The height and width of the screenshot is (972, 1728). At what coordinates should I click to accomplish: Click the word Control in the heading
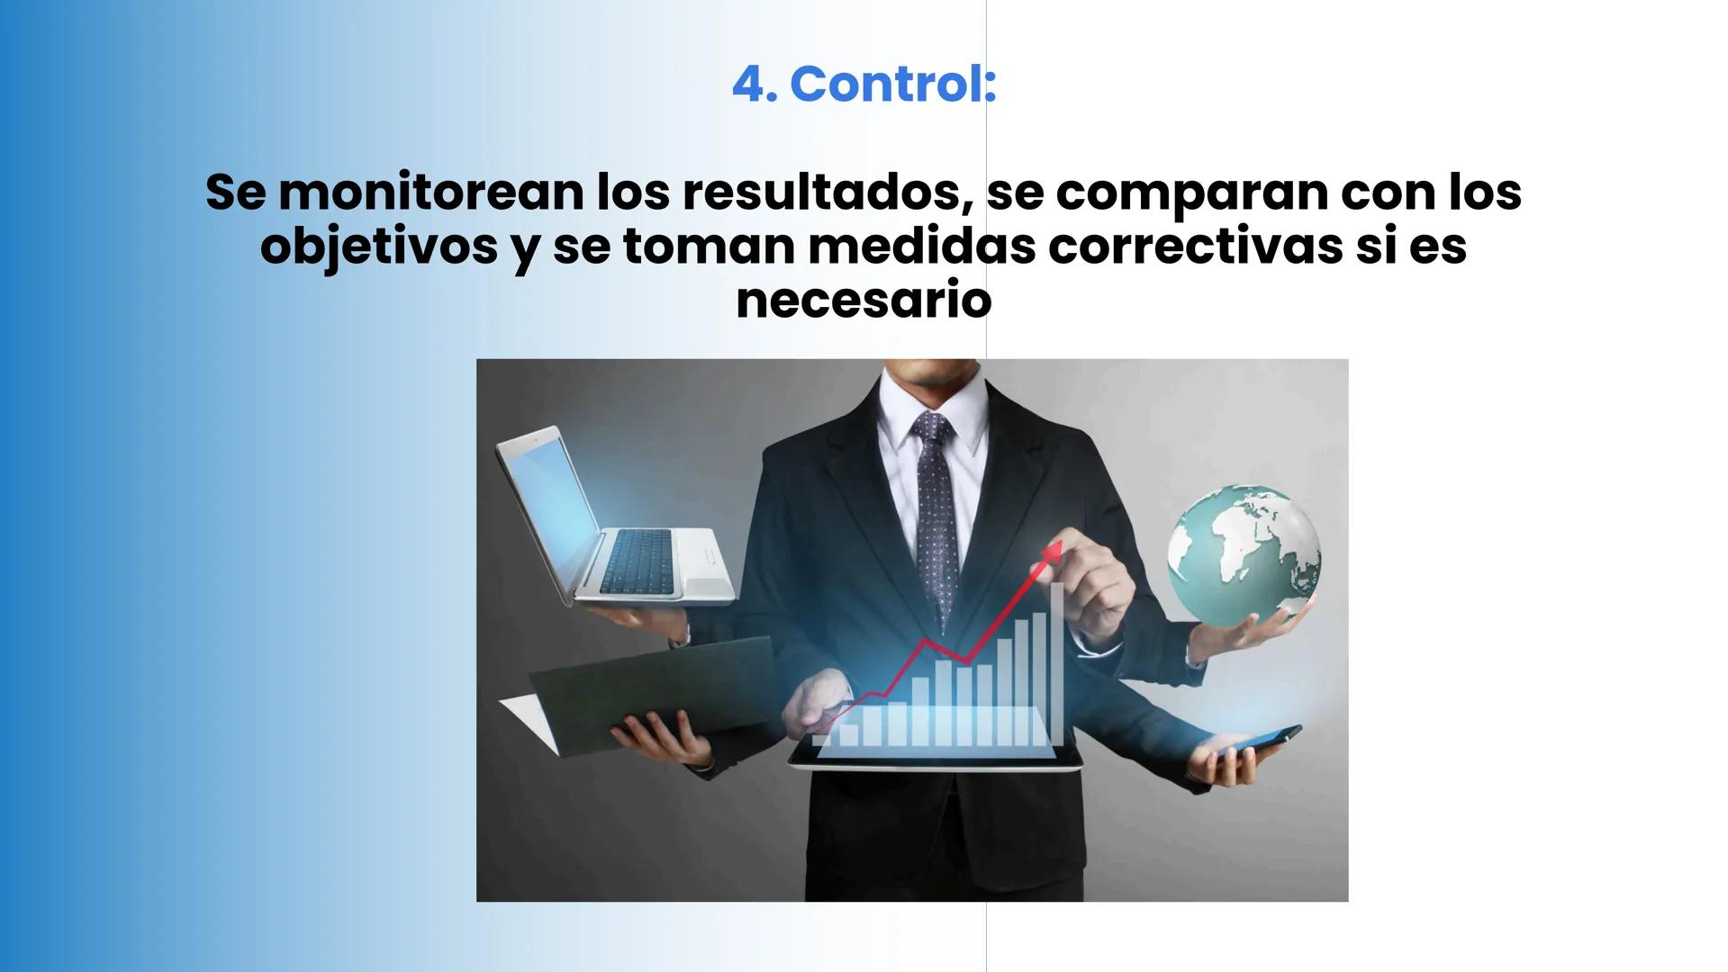892,85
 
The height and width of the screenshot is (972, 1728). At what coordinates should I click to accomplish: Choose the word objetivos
378,247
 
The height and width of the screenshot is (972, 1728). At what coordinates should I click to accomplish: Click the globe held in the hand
1244,555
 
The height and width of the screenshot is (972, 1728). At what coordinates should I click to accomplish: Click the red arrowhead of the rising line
1053,547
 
